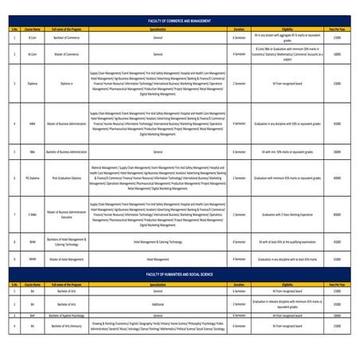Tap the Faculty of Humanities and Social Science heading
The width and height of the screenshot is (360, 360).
pyautogui.click(x=180, y=272)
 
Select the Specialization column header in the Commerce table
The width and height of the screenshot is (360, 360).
pyautogui.click(x=157, y=26)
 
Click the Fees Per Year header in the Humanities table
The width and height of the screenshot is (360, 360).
pyautogui.click(x=337, y=284)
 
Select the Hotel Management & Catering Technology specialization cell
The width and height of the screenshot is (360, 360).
pyautogui.click(x=157, y=241)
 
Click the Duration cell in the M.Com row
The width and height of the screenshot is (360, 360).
pyautogui.click(x=239, y=54)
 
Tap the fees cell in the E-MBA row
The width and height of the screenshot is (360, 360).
pyautogui.click(x=337, y=214)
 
